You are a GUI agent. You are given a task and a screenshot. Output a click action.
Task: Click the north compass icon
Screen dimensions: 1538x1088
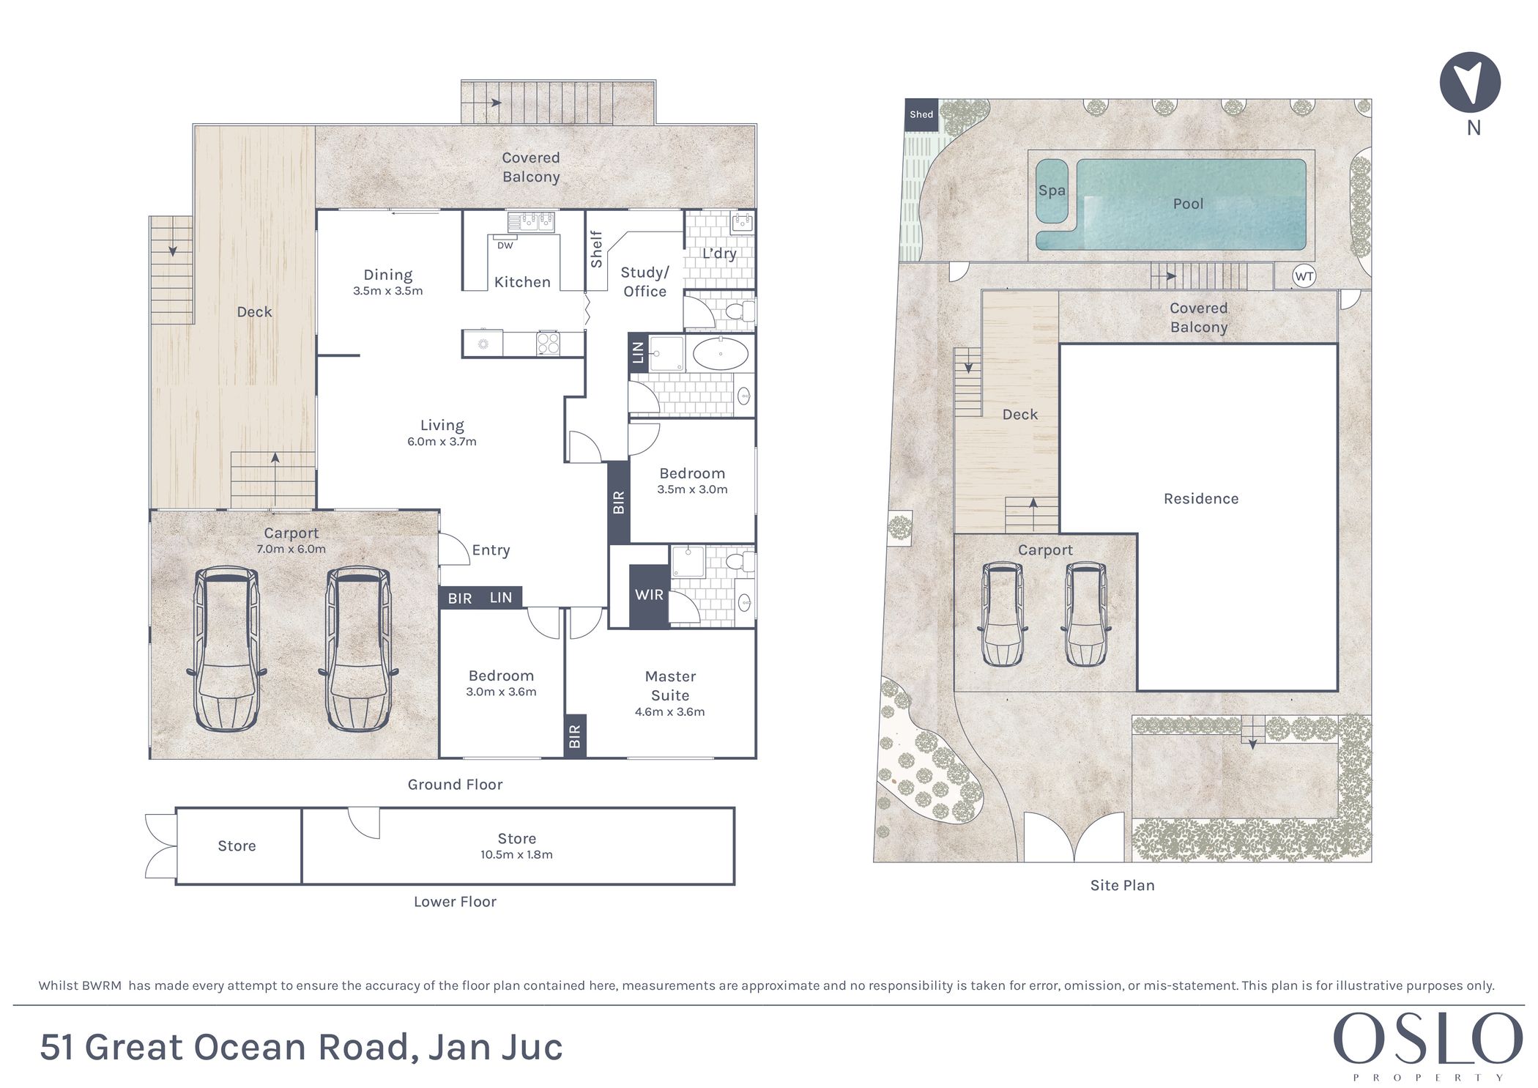point(1470,82)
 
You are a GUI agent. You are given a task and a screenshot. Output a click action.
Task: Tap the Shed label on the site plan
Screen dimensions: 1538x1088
point(921,114)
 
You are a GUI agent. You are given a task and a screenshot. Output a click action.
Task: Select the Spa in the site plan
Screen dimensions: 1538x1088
point(1052,190)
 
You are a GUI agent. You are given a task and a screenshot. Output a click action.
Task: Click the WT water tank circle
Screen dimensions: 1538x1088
point(1304,276)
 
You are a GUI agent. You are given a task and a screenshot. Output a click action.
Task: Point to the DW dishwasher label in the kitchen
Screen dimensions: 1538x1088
point(505,245)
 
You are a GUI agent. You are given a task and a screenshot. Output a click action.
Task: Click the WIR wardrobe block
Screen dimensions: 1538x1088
point(649,595)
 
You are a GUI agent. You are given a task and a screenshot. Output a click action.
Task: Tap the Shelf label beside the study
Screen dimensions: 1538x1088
point(596,249)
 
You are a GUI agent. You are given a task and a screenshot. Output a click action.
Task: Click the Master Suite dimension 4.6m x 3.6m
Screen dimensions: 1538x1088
point(669,711)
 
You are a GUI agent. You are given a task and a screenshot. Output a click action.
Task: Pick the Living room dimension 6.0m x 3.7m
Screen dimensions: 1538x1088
point(442,441)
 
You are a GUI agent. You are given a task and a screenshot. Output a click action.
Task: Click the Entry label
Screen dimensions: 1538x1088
point(491,550)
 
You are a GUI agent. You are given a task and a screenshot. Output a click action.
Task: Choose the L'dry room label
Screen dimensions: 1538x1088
point(719,254)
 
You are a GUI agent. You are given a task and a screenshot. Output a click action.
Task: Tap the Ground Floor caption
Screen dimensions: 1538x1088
point(455,785)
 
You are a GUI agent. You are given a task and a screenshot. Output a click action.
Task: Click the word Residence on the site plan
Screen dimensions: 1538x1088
point(1201,499)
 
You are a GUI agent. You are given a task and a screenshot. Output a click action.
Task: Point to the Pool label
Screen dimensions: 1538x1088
point(1188,204)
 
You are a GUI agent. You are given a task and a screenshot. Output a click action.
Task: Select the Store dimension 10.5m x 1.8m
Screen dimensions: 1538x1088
point(516,854)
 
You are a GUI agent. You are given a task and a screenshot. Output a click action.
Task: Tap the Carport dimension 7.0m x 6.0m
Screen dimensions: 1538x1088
point(291,549)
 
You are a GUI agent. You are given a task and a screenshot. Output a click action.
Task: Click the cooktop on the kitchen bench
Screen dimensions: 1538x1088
point(549,343)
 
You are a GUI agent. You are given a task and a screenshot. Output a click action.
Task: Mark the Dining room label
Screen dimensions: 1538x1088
point(387,275)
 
